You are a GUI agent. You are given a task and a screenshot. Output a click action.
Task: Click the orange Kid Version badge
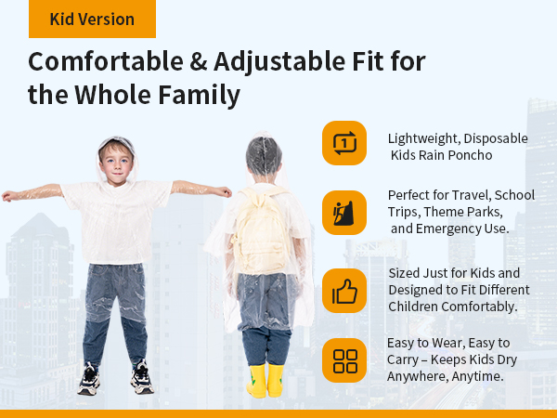pos(92,19)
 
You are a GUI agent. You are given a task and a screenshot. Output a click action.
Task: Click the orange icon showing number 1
pos(344,143)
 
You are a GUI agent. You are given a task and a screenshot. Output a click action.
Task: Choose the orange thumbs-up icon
pos(344,291)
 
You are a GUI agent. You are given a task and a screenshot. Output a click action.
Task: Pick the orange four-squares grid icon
pos(344,360)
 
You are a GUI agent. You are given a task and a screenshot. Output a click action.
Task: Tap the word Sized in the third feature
pos(406,273)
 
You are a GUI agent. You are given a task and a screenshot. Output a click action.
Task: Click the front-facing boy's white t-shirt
pos(117,218)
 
